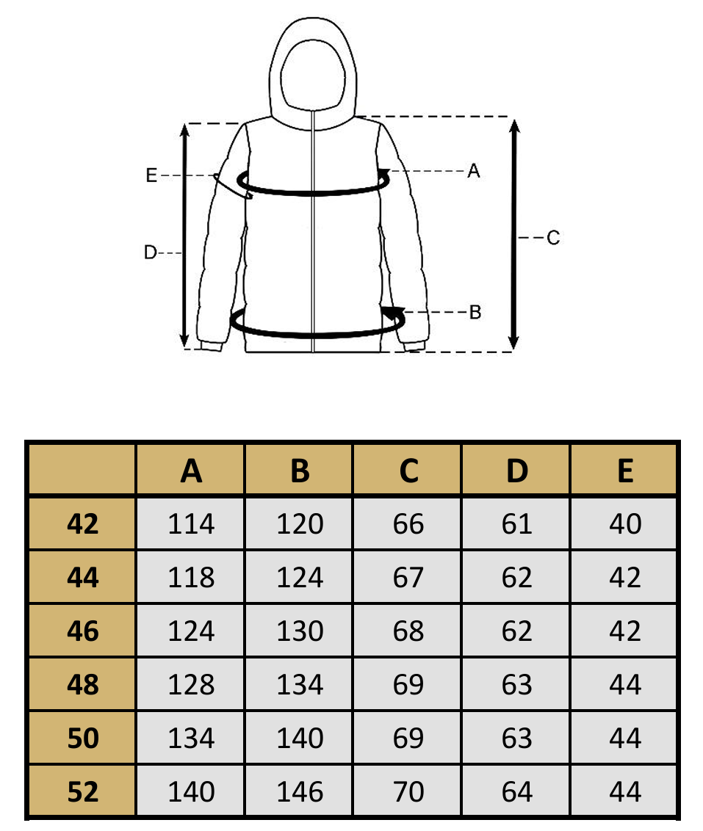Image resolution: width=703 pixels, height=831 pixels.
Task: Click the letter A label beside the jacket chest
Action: pyautogui.click(x=473, y=170)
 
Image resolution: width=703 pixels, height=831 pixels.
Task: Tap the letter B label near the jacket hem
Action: pyautogui.click(x=475, y=312)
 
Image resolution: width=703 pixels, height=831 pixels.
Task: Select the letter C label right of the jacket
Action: pyautogui.click(x=553, y=237)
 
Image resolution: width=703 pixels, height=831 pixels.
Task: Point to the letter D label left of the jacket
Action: pyautogui.click(x=150, y=253)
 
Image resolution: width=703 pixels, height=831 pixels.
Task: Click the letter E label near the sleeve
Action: pyautogui.click(x=151, y=175)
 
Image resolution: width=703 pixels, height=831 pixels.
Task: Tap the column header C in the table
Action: pyautogui.click(x=408, y=471)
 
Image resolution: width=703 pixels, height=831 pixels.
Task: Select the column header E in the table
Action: pyautogui.click(x=626, y=471)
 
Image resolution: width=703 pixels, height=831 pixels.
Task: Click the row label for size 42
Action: pyautogui.click(x=83, y=524)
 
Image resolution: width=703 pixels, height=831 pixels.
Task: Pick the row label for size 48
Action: pyautogui.click(x=83, y=684)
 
